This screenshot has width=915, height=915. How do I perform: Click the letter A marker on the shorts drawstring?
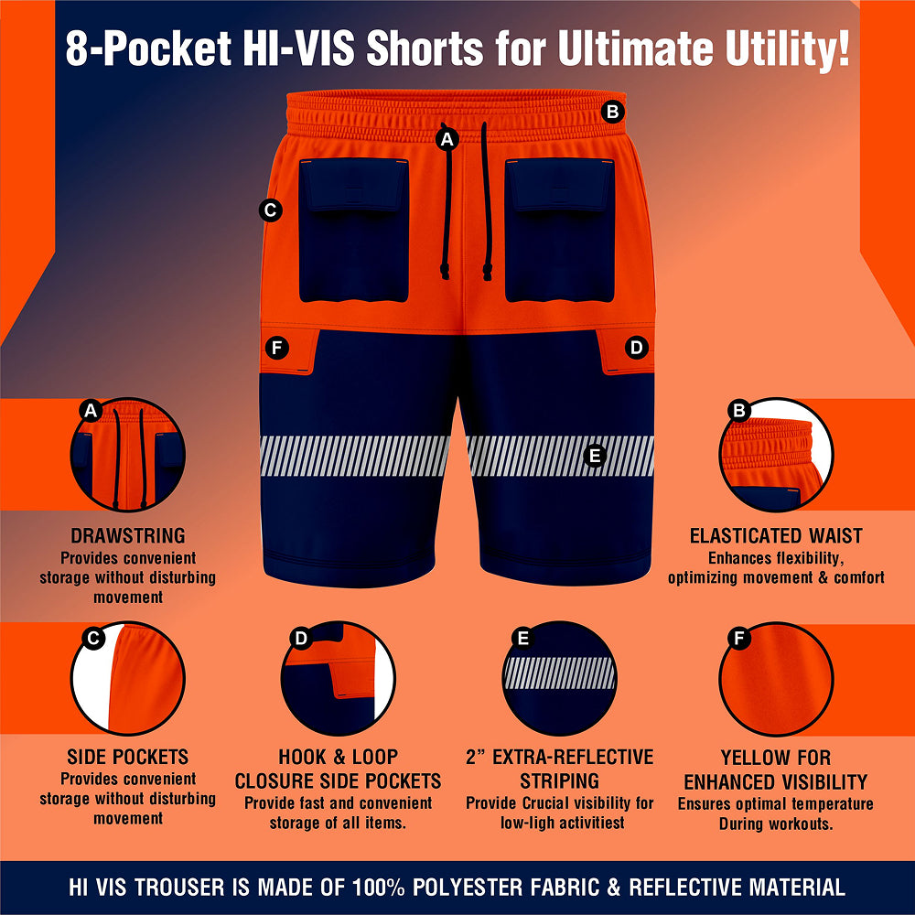click(x=447, y=139)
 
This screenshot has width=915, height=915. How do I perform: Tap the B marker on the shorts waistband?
click(x=612, y=112)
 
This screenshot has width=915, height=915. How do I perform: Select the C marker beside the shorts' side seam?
click(x=270, y=210)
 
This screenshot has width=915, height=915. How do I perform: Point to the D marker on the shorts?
click(x=636, y=348)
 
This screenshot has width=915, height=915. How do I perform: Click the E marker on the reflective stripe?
click(x=595, y=455)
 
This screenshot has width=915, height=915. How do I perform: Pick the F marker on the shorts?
click(x=276, y=349)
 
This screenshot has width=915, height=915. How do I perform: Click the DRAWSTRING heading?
click(x=128, y=535)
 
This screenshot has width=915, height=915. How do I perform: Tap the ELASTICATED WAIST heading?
click(x=776, y=535)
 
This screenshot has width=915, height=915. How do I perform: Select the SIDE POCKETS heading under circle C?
click(x=128, y=757)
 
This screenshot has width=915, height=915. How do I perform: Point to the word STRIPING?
click(x=559, y=780)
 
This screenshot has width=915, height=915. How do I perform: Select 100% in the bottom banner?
click(x=378, y=887)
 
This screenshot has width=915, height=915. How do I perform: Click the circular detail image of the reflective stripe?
click(x=559, y=678)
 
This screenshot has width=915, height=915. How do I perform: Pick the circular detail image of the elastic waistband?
click(x=776, y=455)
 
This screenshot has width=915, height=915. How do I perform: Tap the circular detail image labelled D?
click(x=338, y=678)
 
